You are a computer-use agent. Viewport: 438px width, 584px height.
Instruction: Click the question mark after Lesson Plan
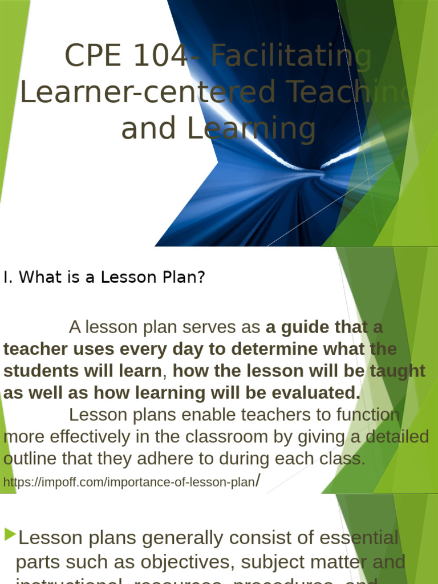point(200,278)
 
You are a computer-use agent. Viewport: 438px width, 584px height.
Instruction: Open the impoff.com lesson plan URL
point(128,482)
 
